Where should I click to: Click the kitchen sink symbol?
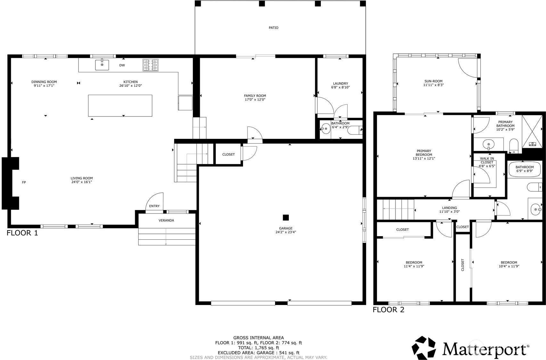click(102, 65)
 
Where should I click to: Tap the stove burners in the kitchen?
click(151, 65)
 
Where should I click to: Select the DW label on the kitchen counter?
click(122, 65)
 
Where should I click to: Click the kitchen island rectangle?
click(120, 106)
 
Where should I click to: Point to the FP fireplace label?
click(24, 182)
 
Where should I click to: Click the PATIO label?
click(273, 28)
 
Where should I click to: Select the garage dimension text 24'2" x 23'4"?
click(286, 232)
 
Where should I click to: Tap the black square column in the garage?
click(286, 217)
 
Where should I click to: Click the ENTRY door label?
click(154, 206)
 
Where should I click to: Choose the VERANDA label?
click(166, 220)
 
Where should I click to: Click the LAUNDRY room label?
click(340, 84)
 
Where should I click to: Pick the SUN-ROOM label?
click(433, 81)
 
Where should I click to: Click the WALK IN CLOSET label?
click(487, 160)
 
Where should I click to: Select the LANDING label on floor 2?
click(450, 208)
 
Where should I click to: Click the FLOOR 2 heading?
click(388, 309)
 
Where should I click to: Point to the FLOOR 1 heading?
click(22, 233)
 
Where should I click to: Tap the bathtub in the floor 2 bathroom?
click(525, 169)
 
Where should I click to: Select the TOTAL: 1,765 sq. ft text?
click(258, 348)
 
